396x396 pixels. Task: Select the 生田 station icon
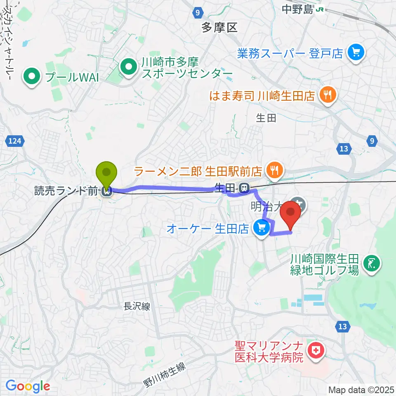[x=245, y=189]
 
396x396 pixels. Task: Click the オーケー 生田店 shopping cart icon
[x=261, y=228]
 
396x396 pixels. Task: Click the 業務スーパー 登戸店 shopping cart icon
[x=355, y=52]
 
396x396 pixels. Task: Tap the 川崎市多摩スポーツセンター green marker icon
[x=128, y=66]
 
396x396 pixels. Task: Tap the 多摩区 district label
[x=219, y=28]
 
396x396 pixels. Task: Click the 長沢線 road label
[x=136, y=306]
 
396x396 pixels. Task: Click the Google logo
[x=28, y=387]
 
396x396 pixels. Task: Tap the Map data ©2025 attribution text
[x=361, y=389]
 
